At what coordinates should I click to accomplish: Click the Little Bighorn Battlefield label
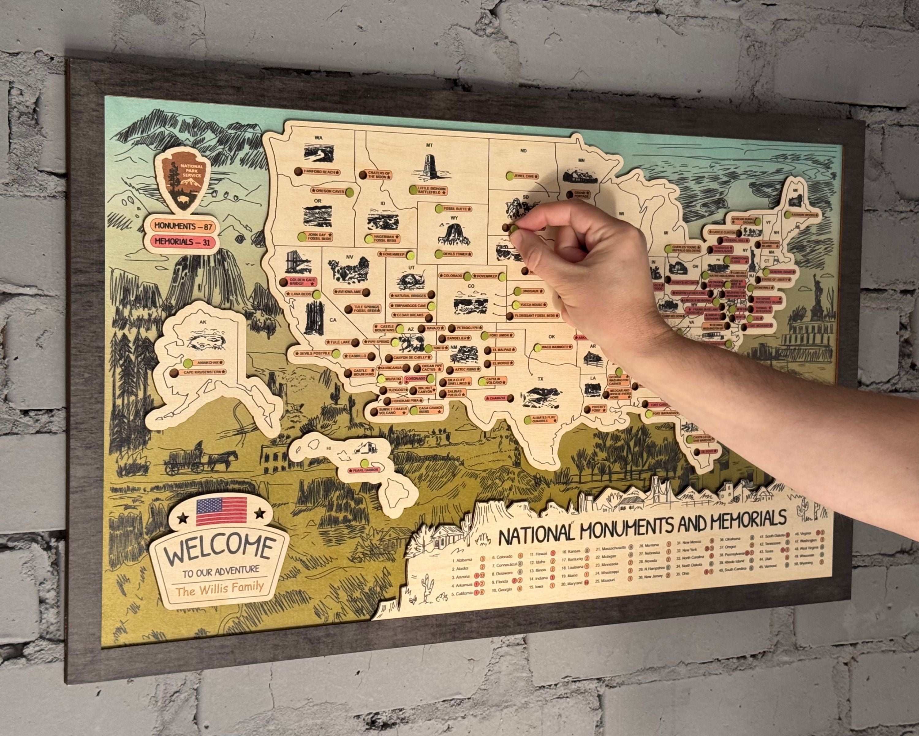tap(431, 190)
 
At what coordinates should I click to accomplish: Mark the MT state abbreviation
tap(429, 145)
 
